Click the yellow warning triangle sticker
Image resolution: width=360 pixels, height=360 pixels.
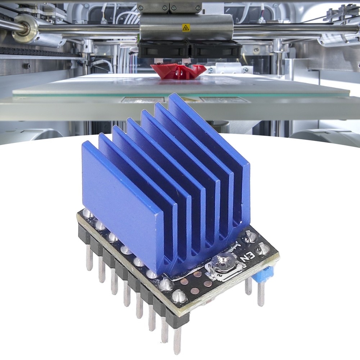click(186, 28)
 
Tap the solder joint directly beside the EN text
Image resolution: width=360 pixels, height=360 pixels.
click(263, 249)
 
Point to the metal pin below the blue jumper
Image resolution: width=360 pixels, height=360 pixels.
click(261, 293)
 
